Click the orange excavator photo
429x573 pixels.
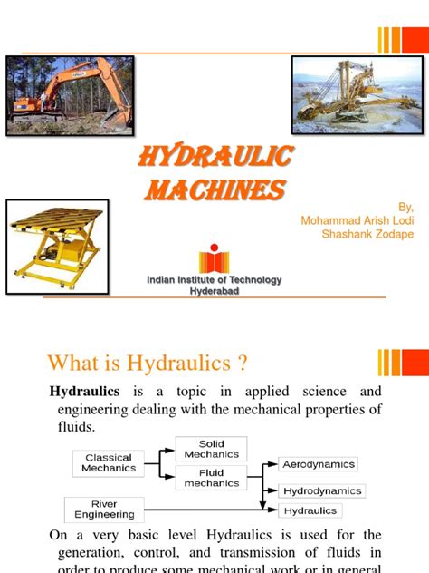70,94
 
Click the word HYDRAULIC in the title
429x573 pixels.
214,157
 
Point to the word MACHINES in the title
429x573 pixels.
214,189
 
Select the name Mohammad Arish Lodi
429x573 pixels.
357,220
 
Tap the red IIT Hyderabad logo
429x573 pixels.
214,257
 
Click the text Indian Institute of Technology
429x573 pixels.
214,280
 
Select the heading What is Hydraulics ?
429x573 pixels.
148,364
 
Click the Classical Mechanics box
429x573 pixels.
108,463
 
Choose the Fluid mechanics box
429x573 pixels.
211,477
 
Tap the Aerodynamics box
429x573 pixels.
318,464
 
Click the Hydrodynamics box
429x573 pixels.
321,490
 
